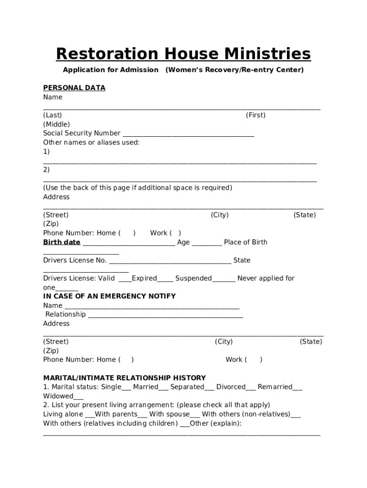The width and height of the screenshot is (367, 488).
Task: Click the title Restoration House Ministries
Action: [183, 54]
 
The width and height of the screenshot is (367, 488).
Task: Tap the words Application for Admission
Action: [111, 70]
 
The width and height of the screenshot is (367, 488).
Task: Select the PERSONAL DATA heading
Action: [74, 88]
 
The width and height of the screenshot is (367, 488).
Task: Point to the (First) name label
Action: [255, 115]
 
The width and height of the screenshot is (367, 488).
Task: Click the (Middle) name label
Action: [56, 124]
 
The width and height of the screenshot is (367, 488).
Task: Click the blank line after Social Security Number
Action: [188, 134]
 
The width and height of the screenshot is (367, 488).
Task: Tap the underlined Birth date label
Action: [61, 242]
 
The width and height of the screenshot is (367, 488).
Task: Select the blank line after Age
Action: [206, 243]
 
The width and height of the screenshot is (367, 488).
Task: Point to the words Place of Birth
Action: [245, 242]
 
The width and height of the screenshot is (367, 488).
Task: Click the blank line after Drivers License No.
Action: [170, 261]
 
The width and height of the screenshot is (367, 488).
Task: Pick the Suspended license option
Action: [194, 278]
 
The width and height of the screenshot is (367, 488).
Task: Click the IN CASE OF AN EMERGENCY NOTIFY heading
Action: [109, 296]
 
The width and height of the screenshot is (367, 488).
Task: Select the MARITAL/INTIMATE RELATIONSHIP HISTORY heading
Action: [124, 378]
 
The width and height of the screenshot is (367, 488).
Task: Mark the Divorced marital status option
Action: [231, 387]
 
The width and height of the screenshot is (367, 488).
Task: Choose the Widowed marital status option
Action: [59, 396]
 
